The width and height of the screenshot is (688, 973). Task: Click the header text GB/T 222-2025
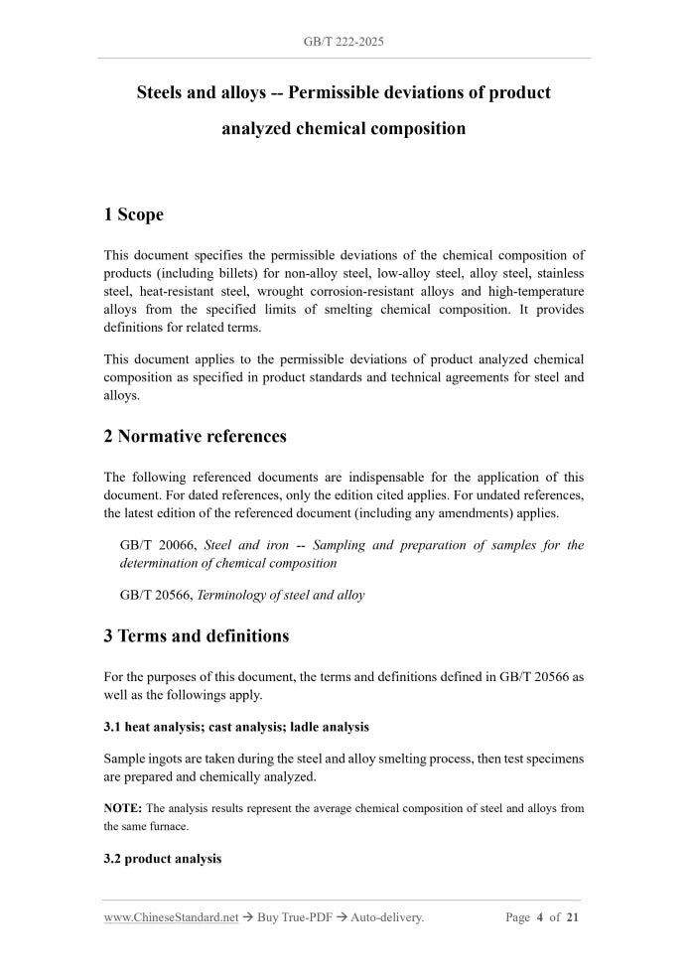[x=344, y=42]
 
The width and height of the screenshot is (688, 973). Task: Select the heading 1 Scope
[x=134, y=214]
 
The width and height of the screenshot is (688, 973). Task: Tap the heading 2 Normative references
[x=196, y=436]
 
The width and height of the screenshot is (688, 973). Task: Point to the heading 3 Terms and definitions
[x=197, y=635]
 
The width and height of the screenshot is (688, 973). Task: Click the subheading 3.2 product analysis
[x=163, y=858]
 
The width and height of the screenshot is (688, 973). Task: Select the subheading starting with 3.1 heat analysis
[x=236, y=727]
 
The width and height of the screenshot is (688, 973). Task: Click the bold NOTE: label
[x=123, y=808]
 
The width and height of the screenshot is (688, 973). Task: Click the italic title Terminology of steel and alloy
[x=281, y=595]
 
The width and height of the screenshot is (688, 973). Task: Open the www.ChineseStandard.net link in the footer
[x=171, y=917]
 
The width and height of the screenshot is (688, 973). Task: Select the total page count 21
[x=573, y=917]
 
